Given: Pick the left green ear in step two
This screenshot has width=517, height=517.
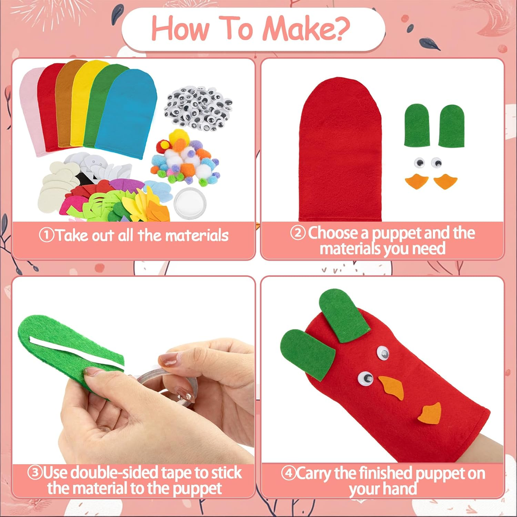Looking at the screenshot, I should (417, 125).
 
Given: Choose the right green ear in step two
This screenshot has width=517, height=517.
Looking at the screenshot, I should (451, 125).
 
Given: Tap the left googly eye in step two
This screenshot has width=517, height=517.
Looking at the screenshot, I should (418, 162).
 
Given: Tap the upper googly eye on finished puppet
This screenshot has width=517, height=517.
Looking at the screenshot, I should (382, 353).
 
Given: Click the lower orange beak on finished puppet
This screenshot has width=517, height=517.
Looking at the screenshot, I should (430, 413).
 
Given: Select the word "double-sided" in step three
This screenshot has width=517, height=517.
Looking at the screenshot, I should (119, 473).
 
